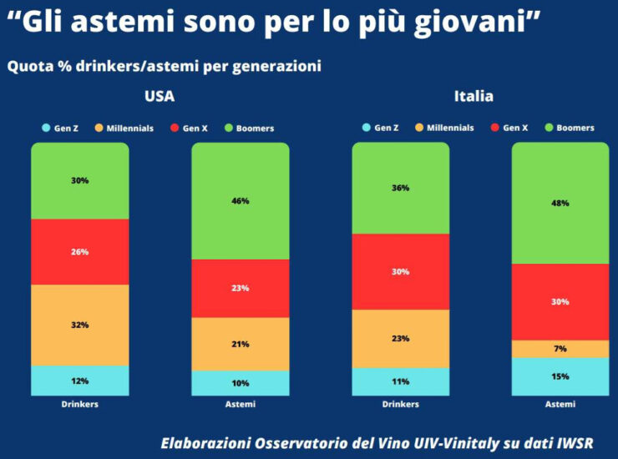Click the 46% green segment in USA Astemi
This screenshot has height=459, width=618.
click(x=241, y=201)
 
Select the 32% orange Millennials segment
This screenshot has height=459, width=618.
click(x=80, y=325)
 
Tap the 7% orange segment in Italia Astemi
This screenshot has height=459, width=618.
click(x=560, y=349)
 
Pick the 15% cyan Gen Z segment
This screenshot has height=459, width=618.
click(x=560, y=376)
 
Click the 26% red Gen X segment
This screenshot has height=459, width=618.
click(x=80, y=251)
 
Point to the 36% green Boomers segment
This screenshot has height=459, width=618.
click(x=401, y=188)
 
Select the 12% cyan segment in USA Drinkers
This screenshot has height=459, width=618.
click(x=80, y=381)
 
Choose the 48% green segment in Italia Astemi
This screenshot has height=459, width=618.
click(x=560, y=203)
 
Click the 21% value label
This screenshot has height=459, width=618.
click(x=241, y=344)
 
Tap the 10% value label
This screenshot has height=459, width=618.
click(x=241, y=383)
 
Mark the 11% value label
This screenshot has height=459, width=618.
click(x=401, y=381)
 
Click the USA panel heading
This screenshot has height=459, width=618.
click(x=160, y=96)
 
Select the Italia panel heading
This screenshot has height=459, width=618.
click(x=474, y=96)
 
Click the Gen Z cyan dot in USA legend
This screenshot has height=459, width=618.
click(x=47, y=129)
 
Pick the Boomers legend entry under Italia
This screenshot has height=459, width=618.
click(x=570, y=128)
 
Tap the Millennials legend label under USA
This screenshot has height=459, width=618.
click(x=129, y=129)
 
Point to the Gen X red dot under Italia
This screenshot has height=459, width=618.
click(x=495, y=128)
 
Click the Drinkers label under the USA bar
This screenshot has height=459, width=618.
click(x=80, y=405)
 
